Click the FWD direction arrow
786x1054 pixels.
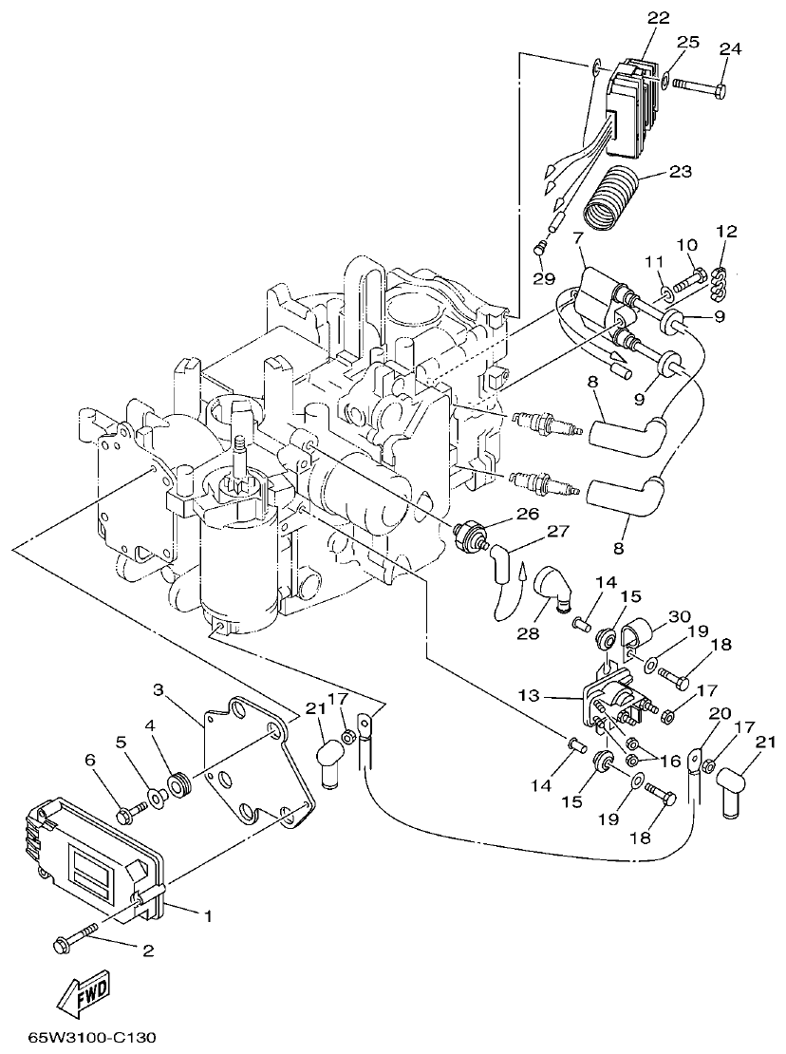tap(80, 995)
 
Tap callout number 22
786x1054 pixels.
tap(659, 18)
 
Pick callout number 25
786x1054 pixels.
tap(687, 43)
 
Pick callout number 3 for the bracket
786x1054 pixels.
tap(159, 687)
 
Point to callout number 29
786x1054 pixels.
tap(542, 277)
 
